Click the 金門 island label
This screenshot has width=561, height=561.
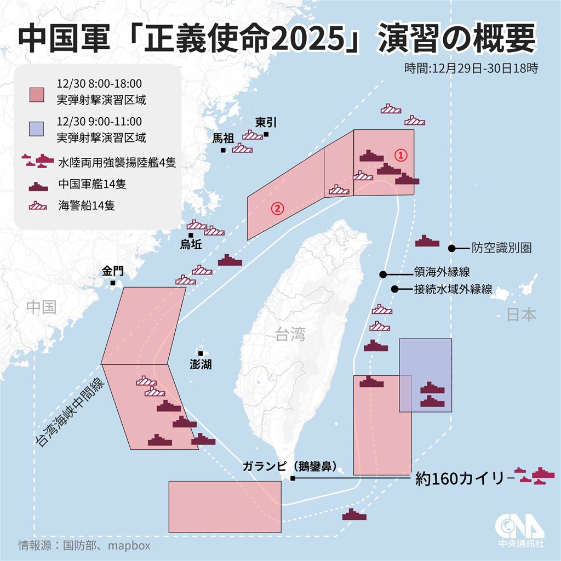coord(112,271)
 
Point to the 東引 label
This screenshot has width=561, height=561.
coord(266,123)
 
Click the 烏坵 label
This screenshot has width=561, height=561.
coord(191,245)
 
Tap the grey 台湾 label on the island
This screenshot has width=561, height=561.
coord(290,334)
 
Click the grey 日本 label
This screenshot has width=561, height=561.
coord(521,314)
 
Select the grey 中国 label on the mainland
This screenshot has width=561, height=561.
coord(42,307)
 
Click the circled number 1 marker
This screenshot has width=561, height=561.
coord(401,155)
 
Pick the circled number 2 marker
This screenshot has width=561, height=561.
coord(278,208)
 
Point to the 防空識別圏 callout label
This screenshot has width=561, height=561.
coord(501,248)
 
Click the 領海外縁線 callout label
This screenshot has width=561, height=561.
coord(442,272)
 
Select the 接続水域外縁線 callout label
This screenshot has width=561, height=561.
coord(453,289)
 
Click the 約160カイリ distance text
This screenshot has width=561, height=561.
coord(459,479)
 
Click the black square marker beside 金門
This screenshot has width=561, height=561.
coord(112,283)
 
